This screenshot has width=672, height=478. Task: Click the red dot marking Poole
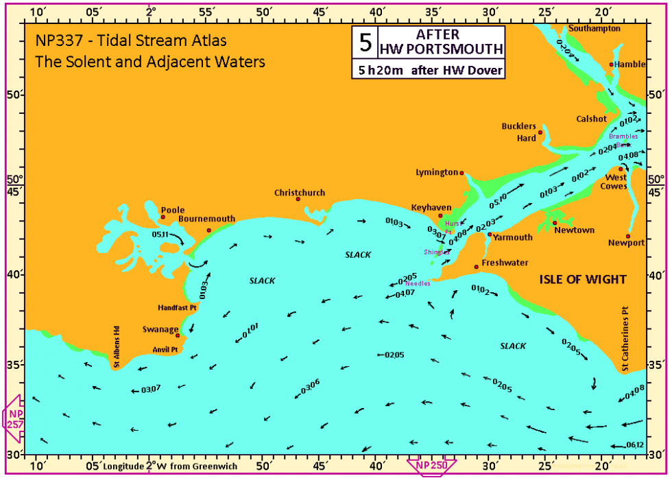click(163, 217)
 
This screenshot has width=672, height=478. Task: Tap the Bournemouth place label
click(206, 219)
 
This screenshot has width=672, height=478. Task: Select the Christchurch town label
click(300, 193)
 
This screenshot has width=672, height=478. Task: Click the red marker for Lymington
click(461, 173)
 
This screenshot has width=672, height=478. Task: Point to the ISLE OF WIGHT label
click(582, 280)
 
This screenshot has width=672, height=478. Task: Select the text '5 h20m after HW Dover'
click(429, 70)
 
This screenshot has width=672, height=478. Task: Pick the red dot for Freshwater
click(477, 267)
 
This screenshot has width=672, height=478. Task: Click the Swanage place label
click(160, 328)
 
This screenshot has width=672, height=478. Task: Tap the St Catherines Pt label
click(625, 339)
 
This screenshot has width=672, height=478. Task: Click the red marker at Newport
click(628, 236)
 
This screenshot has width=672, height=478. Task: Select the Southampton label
click(595, 29)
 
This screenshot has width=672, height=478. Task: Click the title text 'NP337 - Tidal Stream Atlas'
click(131, 41)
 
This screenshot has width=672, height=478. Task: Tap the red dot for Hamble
click(611, 64)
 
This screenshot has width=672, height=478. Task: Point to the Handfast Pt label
click(177, 308)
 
